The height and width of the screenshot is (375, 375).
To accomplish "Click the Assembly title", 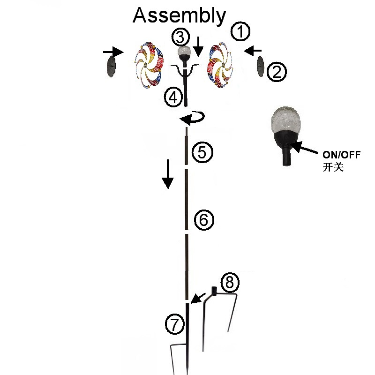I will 180,15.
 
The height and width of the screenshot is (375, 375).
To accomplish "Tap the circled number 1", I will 240,32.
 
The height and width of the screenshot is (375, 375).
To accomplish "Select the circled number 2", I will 276,72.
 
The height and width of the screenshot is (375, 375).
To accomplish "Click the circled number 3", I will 180,36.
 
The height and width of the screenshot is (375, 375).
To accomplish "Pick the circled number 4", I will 173,97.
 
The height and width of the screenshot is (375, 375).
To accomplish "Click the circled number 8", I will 229,282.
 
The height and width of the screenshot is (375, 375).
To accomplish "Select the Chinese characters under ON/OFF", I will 333,167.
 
